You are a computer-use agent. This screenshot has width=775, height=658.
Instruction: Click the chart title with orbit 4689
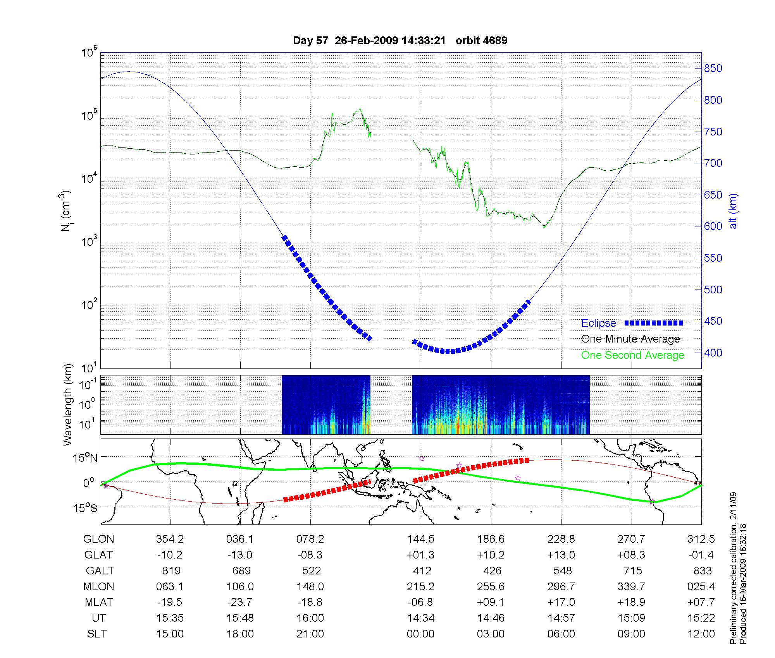point(400,41)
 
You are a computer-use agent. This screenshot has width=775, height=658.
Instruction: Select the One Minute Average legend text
point(630,339)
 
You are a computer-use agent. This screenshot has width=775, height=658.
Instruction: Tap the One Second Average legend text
point(632,355)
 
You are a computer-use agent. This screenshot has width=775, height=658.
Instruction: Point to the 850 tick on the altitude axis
point(713,69)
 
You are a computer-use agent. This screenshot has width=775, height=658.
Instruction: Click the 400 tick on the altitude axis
point(713,353)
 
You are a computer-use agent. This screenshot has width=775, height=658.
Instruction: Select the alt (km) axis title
point(734,211)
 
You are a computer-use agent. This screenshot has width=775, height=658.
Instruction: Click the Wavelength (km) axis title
point(69,404)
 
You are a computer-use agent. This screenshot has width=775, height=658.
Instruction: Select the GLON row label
point(99,539)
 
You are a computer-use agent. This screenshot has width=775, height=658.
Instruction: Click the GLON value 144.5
point(420,539)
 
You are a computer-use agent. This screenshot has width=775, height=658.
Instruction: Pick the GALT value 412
point(422,571)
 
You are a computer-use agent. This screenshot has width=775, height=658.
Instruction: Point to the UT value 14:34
point(420,618)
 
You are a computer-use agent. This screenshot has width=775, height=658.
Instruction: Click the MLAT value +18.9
point(631,602)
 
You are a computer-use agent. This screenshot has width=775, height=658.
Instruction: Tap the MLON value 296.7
point(561,587)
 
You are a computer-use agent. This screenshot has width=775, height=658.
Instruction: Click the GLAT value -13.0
point(240,555)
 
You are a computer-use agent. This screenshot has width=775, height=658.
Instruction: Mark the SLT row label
point(97,634)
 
